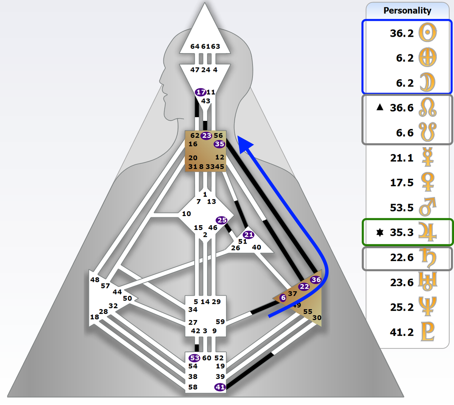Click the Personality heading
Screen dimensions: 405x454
pyautogui.click(x=407, y=11)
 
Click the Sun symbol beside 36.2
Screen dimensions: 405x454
pyautogui.click(x=428, y=33)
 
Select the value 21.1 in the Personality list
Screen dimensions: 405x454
pyautogui.click(x=402, y=158)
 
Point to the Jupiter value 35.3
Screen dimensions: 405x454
pyautogui.click(x=402, y=232)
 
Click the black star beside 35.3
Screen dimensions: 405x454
pyautogui.click(x=380, y=232)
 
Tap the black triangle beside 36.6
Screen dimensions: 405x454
pyautogui.click(x=380, y=108)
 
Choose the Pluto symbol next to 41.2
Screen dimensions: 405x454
pyautogui.click(x=428, y=332)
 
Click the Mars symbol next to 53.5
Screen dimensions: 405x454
pyautogui.click(x=428, y=207)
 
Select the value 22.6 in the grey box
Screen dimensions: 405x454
pyautogui.click(x=402, y=258)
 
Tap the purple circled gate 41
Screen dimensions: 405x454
pyautogui.click(x=220, y=387)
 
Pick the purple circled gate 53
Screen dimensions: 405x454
pyautogui.click(x=194, y=358)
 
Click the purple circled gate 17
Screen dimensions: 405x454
pyautogui.click(x=201, y=92)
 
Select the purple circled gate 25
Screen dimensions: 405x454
pyautogui.click(x=222, y=220)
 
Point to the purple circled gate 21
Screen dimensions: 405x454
pyautogui.click(x=249, y=235)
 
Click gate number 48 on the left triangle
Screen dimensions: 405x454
pyautogui.click(x=95, y=280)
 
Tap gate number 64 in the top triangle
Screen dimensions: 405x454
pyautogui.click(x=195, y=46)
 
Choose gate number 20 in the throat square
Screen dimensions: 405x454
pyautogui.click(x=193, y=158)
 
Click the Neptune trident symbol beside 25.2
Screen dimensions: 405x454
pyautogui.click(x=428, y=307)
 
